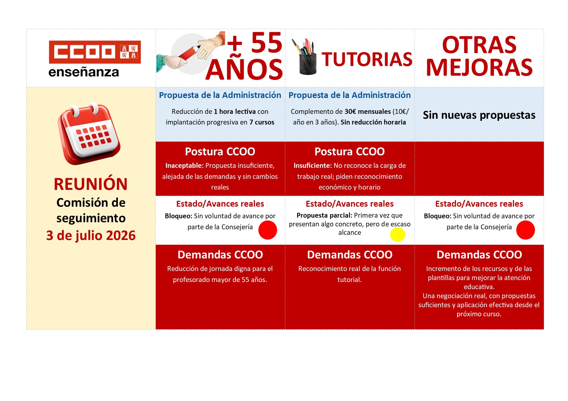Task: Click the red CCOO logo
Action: (x=95, y=52)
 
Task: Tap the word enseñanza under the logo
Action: (x=84, y=72)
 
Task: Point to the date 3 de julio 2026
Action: (x=91, y=235)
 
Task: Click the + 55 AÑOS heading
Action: (x=245, y=56)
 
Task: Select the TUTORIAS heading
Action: (x=367, y=60)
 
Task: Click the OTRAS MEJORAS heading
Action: (x=479, y=56)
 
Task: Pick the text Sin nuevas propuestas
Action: (x=479, y=115)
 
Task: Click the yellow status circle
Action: (x=398, y=234)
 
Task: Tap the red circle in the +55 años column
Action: (x=268, y=230)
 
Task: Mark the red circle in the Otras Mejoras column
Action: (x=526, y=230)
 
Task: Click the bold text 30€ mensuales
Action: (x=368, y=112)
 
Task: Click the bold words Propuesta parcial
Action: (x=324, y=215)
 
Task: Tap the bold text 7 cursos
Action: (x=262, y=122)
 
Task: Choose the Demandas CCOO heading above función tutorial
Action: (x=350, y=255)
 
